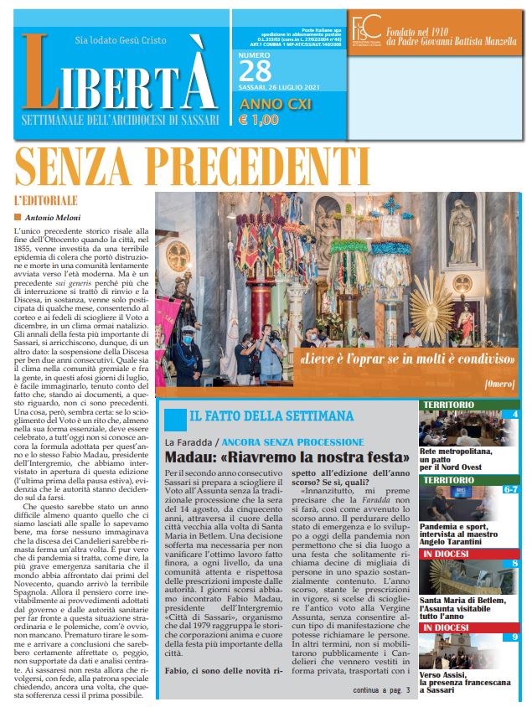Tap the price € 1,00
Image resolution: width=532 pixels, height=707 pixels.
tap(260, 120)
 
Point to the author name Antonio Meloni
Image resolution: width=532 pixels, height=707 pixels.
tap(58, 218)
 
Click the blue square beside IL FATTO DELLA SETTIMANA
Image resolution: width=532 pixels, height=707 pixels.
tap(174, 418)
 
